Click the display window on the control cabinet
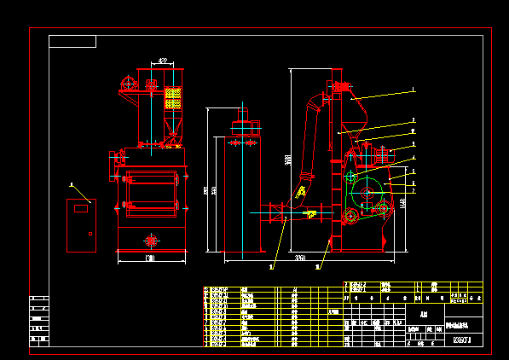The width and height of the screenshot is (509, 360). (82, 207)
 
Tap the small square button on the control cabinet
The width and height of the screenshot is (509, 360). (88, 233)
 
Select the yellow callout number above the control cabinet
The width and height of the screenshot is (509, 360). (72, 184)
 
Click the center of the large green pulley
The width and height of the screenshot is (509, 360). (367, 193)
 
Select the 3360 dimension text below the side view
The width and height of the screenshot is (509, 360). (300, 257)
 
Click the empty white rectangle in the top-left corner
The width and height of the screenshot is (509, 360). (72, 41)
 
